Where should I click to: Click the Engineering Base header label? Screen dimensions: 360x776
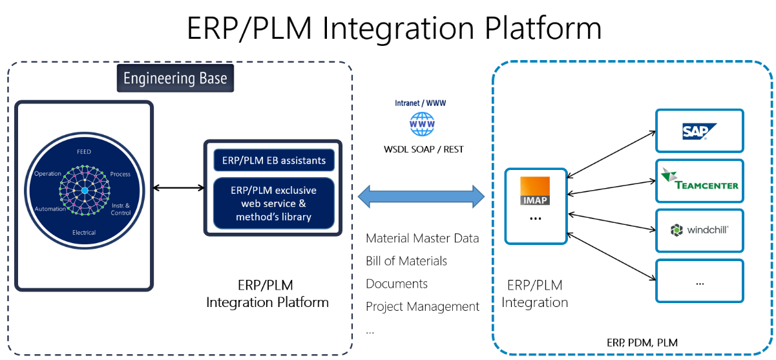point(175,79)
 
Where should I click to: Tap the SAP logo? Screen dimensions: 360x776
point(695,131)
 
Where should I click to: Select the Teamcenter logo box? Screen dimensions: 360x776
point(699,181)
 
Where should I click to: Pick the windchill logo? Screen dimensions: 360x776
point(699,230)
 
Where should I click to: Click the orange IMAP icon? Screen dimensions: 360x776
point(536,191)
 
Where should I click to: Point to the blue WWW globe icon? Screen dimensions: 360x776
point(423,123)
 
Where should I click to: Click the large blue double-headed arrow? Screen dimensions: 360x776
point(421,196)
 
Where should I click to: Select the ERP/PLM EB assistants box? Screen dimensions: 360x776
point(274,159)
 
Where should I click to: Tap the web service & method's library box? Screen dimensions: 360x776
point(274,203)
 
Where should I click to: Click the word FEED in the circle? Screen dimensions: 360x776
point(84,152)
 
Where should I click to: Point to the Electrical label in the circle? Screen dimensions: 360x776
point(84,233)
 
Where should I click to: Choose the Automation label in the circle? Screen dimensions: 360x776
point(50,209)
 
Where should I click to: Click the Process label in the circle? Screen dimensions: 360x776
point(120,174)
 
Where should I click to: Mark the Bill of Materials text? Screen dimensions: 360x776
point(406,261)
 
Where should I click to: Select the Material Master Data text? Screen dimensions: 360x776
point(423,238)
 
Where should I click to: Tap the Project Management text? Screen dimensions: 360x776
point(423,306)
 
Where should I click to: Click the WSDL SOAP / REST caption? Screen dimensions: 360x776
point(423,149)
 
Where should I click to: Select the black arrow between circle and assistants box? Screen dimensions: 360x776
point(178,188)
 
